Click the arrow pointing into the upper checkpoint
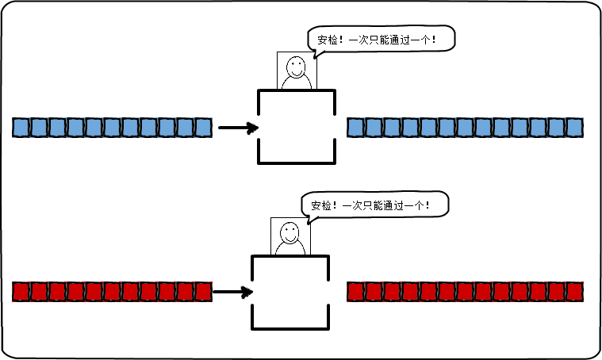(239, 128)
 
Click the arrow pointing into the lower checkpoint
(232, 293)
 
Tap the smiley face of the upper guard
(297, 66)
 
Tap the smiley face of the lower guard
(290, 232)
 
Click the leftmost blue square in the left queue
(21, 127)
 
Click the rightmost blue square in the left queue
(203, 127)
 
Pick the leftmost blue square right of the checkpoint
(355, 127)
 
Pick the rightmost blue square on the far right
(574, 127)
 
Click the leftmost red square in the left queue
(21, 292)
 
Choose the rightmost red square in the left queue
(203, 292)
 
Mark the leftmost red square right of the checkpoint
(355, 292)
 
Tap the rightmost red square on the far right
(574, 292)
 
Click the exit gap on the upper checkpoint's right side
(335, 128)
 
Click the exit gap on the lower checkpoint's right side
(328, 293)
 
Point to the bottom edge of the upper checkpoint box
(297, 163)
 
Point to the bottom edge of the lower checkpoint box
(290, 328)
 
